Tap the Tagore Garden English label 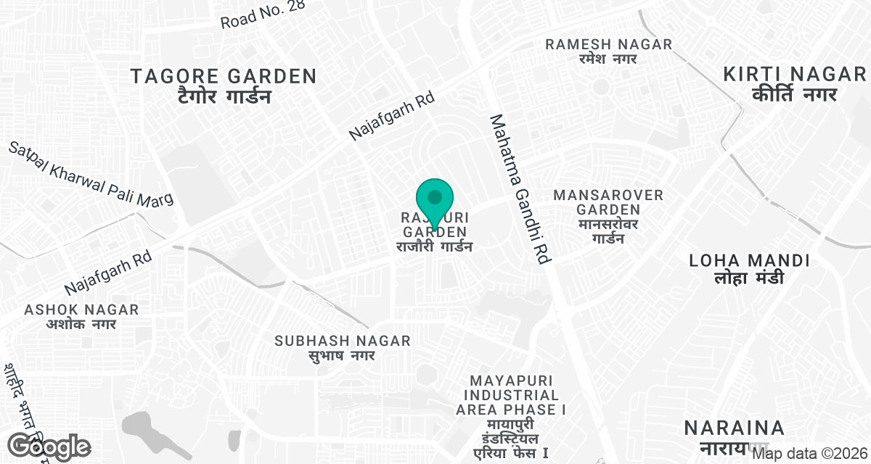point(224,76)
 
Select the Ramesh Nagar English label point(609,44)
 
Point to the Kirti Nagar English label point(795,74)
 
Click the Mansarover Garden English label point(608,202)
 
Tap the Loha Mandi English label point(749,260)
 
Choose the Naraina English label point(735,427)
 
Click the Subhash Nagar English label point(343,341)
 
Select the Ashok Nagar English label point(81,310)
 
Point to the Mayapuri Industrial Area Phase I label point(511,395)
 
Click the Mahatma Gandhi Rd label point(521,188)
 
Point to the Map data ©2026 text point(809,454)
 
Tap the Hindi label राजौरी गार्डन point(434,247)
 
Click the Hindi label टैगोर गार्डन point(224,96)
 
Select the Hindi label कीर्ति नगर point(795,94)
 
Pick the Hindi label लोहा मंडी point(749,278)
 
